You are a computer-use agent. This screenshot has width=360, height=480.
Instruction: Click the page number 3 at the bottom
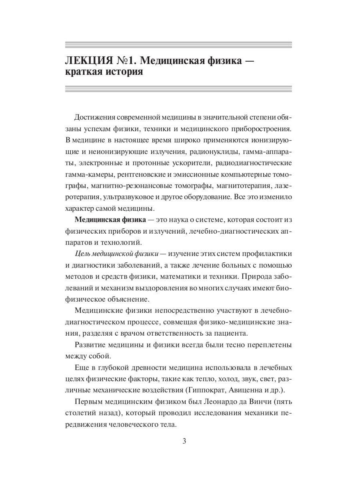184,441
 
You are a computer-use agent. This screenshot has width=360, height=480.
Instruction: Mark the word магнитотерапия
243,186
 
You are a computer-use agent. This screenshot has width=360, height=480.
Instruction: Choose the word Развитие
89,345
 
